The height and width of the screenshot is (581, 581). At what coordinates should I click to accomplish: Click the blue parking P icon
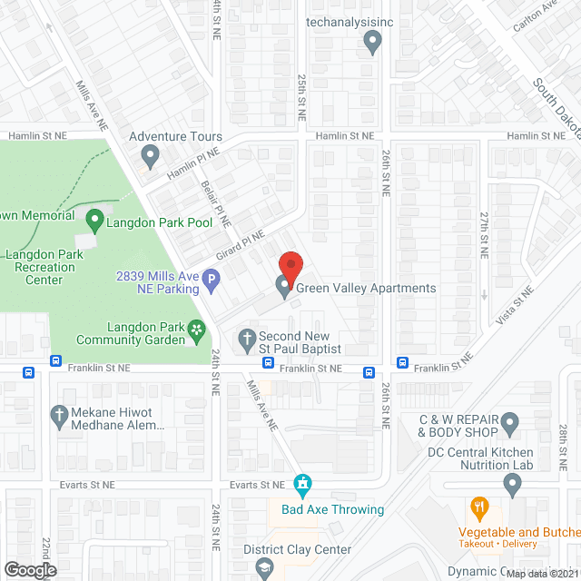212,281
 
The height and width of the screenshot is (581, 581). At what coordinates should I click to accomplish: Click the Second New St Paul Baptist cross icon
246,341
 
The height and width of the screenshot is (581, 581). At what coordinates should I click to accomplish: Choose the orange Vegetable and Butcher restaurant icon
479,507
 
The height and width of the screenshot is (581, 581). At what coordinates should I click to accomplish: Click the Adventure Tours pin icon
151,159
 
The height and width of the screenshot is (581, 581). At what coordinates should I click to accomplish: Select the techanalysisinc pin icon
372,41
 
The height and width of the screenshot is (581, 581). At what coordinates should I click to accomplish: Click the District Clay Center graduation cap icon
264,568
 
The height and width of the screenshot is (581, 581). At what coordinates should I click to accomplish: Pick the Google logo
30,569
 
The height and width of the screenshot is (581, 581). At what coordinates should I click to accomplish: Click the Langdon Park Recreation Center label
44,267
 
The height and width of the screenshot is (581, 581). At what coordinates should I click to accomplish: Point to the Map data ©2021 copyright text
541,574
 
